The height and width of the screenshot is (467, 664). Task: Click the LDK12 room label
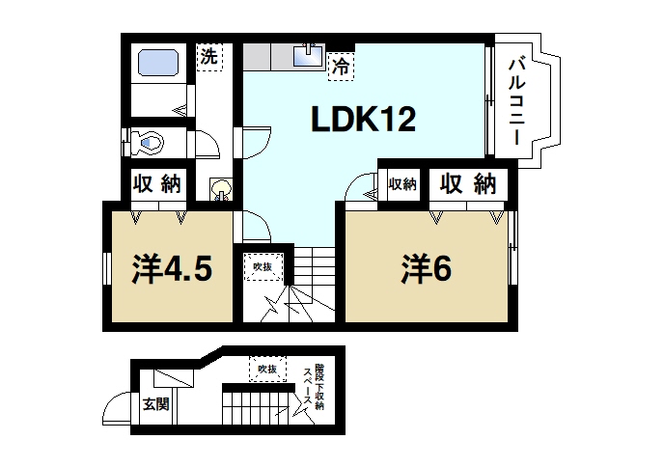363,120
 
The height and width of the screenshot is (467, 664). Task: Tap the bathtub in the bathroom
158,65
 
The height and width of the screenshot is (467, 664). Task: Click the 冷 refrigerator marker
340,67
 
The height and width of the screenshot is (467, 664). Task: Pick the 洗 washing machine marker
208,57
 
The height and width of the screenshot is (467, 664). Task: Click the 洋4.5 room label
171,268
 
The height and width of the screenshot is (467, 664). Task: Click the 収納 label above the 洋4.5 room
157,183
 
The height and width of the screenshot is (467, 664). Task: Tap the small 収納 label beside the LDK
402,183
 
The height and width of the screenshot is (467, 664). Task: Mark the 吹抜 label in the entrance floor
267,369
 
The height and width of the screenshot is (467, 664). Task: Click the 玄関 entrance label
155,403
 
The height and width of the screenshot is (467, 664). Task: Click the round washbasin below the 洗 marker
221,187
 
